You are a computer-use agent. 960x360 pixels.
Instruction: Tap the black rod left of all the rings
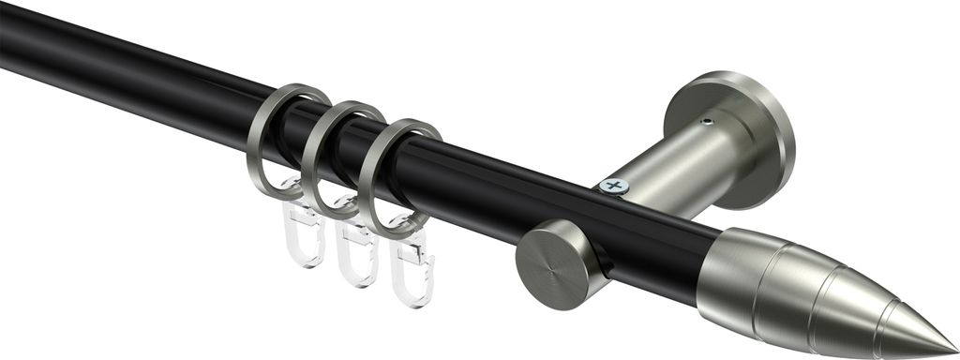[112, 66]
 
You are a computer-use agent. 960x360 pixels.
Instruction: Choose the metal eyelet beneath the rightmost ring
[412, 225]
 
